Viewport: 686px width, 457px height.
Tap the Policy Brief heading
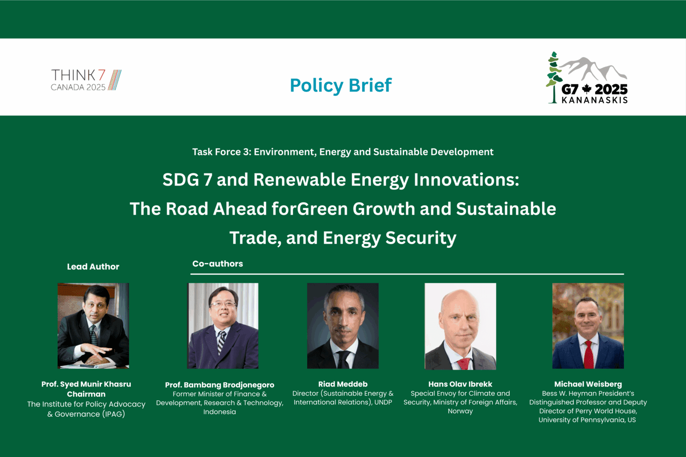point(341,85)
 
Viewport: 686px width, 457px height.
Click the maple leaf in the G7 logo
point(586,89)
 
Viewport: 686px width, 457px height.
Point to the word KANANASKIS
point(594,100)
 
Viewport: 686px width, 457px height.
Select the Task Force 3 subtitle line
point(343,152)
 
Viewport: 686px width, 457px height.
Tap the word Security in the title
point(421,238)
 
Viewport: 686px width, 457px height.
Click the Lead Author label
point(93,267)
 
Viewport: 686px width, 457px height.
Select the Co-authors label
point(218,264)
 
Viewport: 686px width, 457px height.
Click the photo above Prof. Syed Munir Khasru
point(93,325)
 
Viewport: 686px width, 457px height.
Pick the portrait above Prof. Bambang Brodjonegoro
point(223,325)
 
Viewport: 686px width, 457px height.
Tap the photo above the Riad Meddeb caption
point(343,325)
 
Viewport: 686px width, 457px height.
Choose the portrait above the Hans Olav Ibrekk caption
point(460,326)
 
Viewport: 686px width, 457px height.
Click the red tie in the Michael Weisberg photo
point(589,355)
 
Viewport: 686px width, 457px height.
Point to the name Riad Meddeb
point(343,384)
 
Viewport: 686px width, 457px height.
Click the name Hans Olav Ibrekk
point(460,384)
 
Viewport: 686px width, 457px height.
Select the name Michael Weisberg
point(588,384)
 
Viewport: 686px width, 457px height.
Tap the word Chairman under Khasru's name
point(86,394)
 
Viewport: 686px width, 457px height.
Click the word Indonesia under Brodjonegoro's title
point(219,412)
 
